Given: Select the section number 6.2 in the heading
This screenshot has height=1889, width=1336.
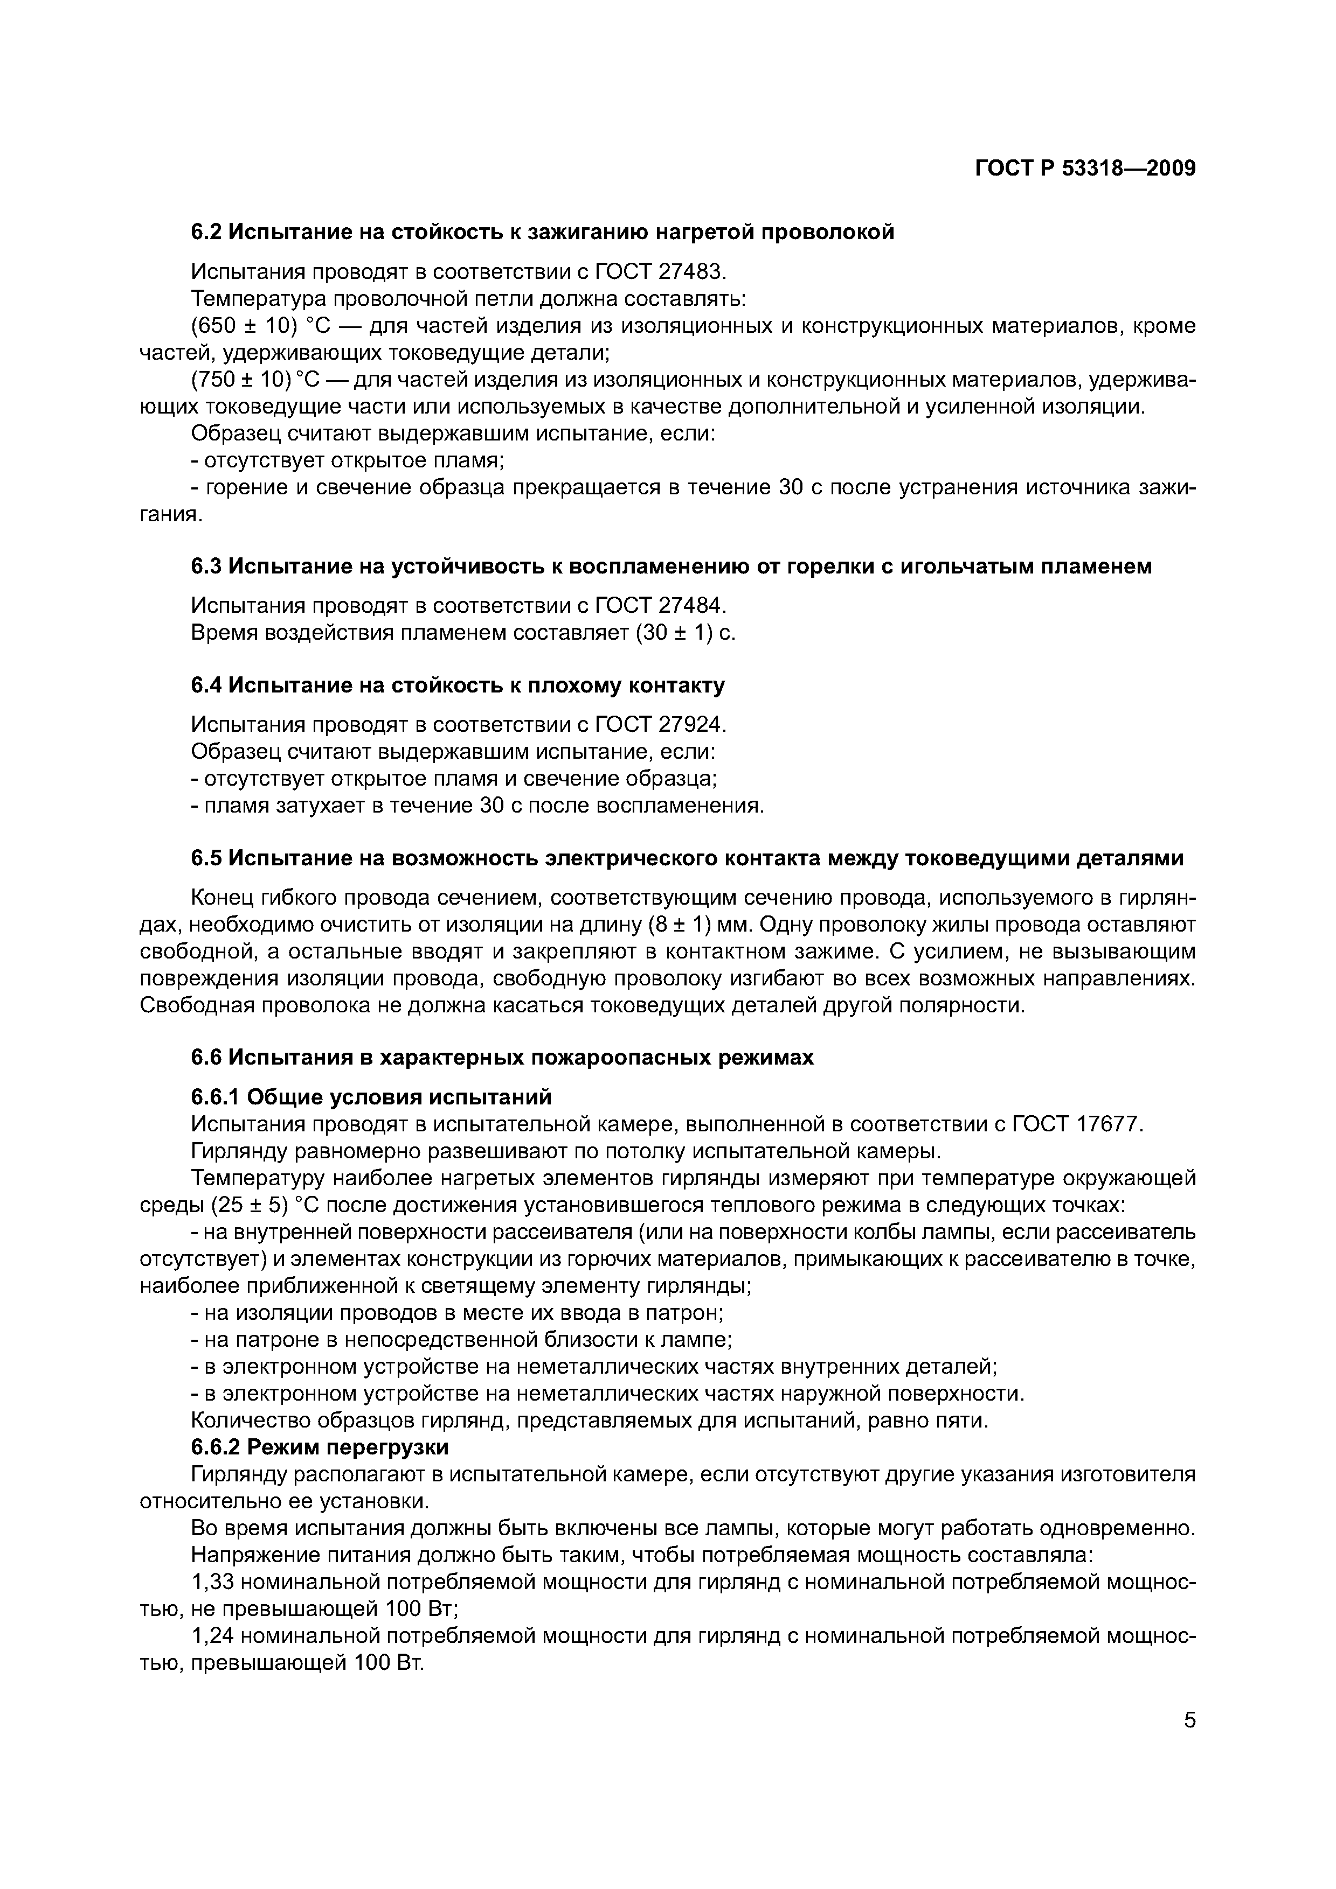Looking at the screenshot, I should pos(206,233).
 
